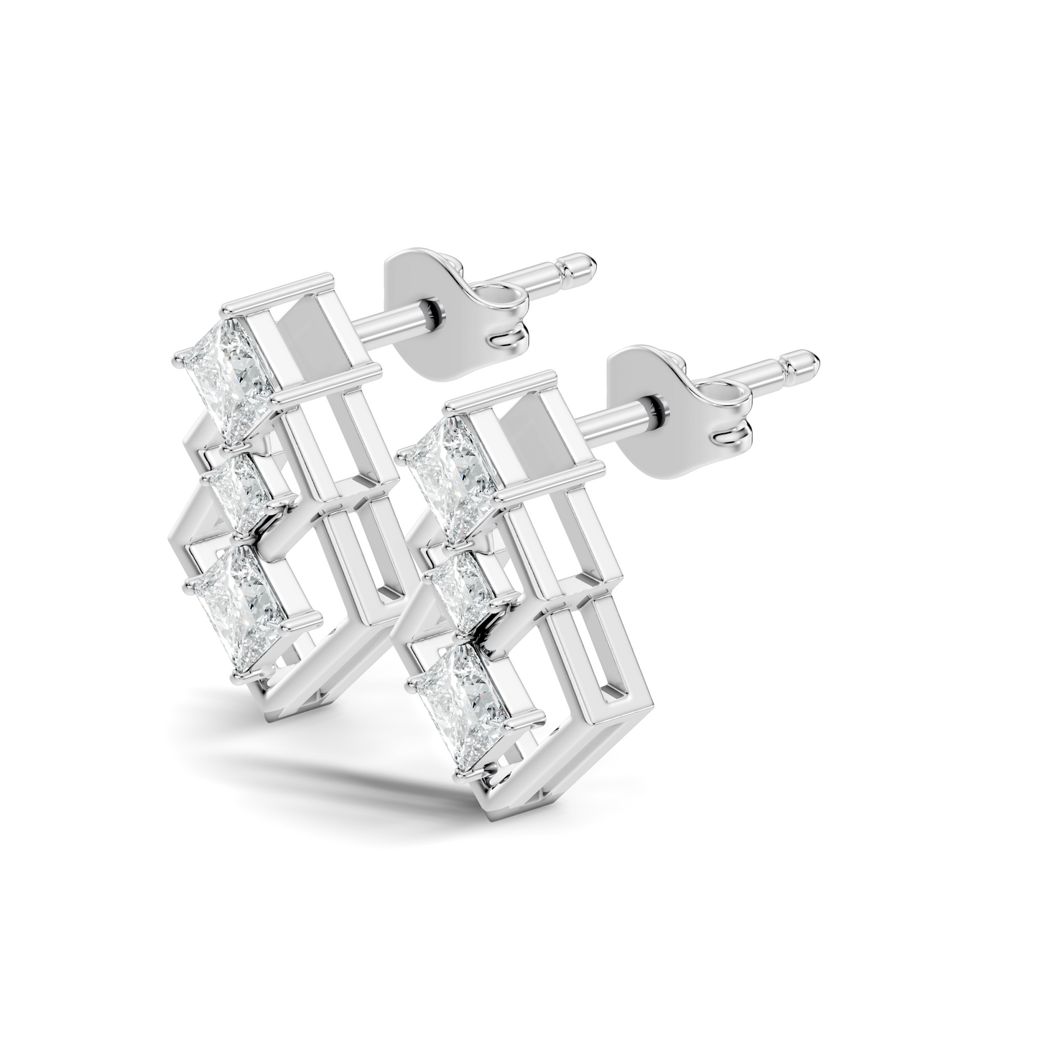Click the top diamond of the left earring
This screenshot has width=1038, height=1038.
point(228,381)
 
